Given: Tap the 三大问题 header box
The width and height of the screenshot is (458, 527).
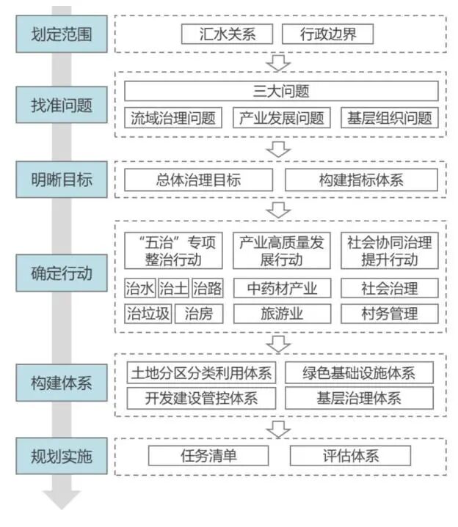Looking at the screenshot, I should pyautogui.click(x=280, y=91).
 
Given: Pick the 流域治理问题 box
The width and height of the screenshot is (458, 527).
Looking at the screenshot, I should pyautogui.click(x=173, y=118).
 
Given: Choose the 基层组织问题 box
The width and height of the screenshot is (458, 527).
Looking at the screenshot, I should pyautogui.click(x=390, y=118).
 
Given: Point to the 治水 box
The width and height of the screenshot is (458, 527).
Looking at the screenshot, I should pyautogui.click(x=139, y=287).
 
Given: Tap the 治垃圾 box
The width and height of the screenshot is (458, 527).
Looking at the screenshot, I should pyautogui.click(x=148, y=314).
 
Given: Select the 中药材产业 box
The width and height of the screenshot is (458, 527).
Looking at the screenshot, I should pyautogui.click(x=281, y=287).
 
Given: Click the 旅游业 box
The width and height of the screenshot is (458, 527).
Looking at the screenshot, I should pyautogui.click(x=281, y=314).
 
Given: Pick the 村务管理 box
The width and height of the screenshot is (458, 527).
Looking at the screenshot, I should pyautogui.click(x=390, y=314).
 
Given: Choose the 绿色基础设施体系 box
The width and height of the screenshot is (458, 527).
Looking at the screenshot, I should pyautogui.click(x=359, y=372).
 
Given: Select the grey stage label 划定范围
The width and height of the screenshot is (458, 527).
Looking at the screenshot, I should pyautogui.click(x=62, y=34).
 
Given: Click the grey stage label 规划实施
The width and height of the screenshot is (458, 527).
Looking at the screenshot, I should pyautogui.click(x=62, y=456).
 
